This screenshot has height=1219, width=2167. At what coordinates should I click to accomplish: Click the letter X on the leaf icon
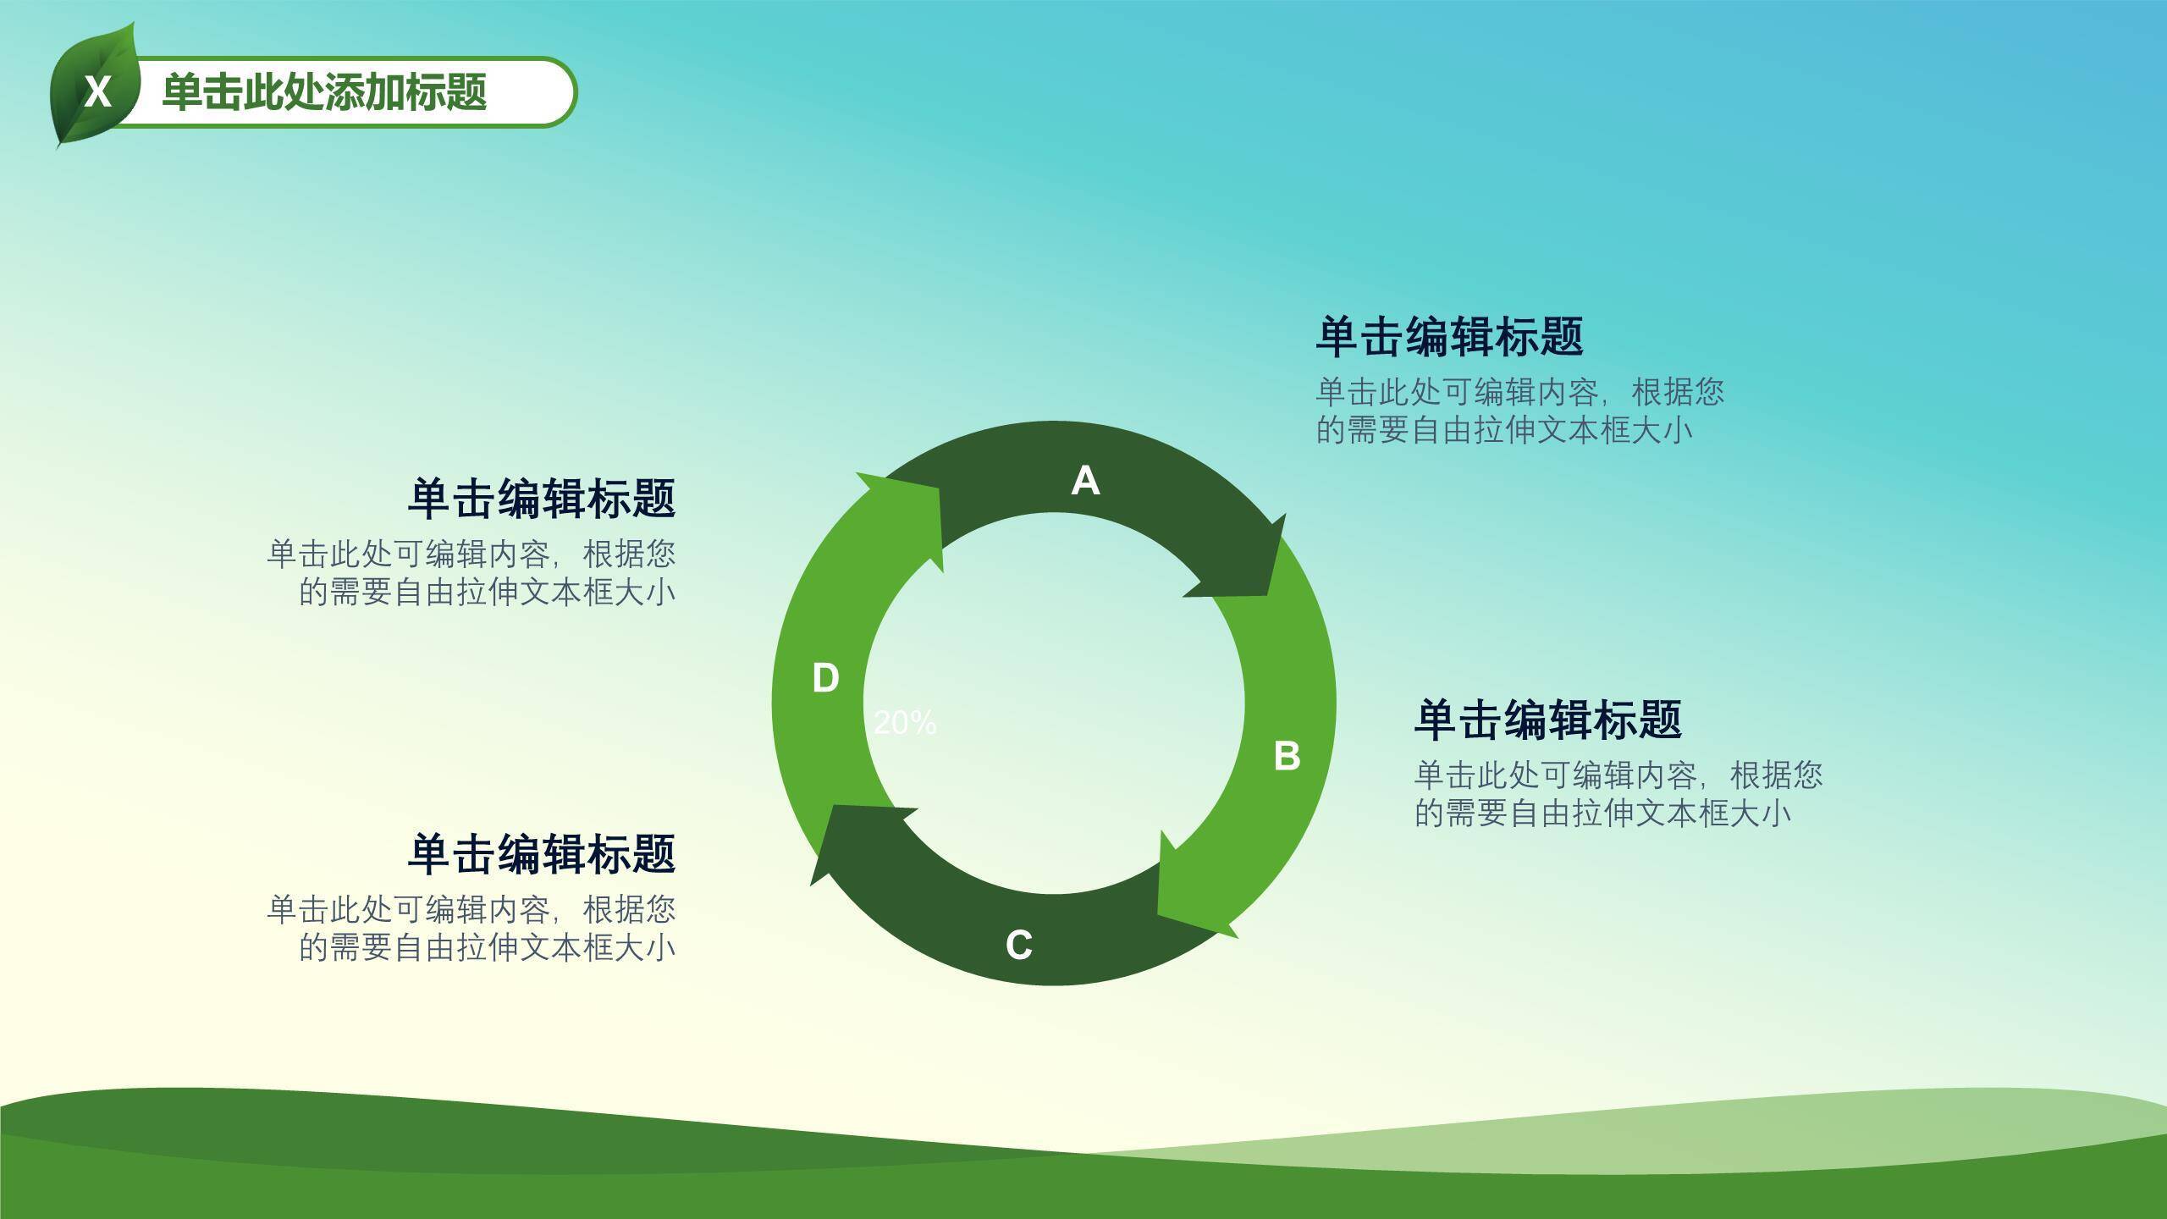(x=98, y=91)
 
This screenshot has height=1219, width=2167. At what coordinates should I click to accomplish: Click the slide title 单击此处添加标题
(x=324, y=92)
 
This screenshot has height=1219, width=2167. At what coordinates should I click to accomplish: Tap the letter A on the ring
(x=1085, y=481)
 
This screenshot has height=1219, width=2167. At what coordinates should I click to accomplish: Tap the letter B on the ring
(x=1287, y=756)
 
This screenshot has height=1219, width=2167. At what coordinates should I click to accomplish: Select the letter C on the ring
(x=1019, y=945)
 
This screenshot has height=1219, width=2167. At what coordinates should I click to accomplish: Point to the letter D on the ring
(x=825, y=678)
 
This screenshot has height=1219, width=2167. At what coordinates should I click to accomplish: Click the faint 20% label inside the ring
(x=905, y=722)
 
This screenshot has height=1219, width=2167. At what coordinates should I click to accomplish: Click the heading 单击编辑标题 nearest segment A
(x=1449, y=336)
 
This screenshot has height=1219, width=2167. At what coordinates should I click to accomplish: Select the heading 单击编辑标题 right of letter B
(x=1547, y=719)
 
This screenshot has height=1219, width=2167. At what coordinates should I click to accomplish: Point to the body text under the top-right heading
(x=1519, y=411)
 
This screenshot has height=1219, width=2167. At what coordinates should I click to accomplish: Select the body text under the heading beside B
(x=1618, y=794)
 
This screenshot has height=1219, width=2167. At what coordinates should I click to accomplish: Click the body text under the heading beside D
(x=471, y=572)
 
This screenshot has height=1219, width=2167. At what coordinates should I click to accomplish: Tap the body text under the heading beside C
(x=471, y=928)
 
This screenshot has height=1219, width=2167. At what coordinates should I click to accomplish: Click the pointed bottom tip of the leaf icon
(x=58, y=148)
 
